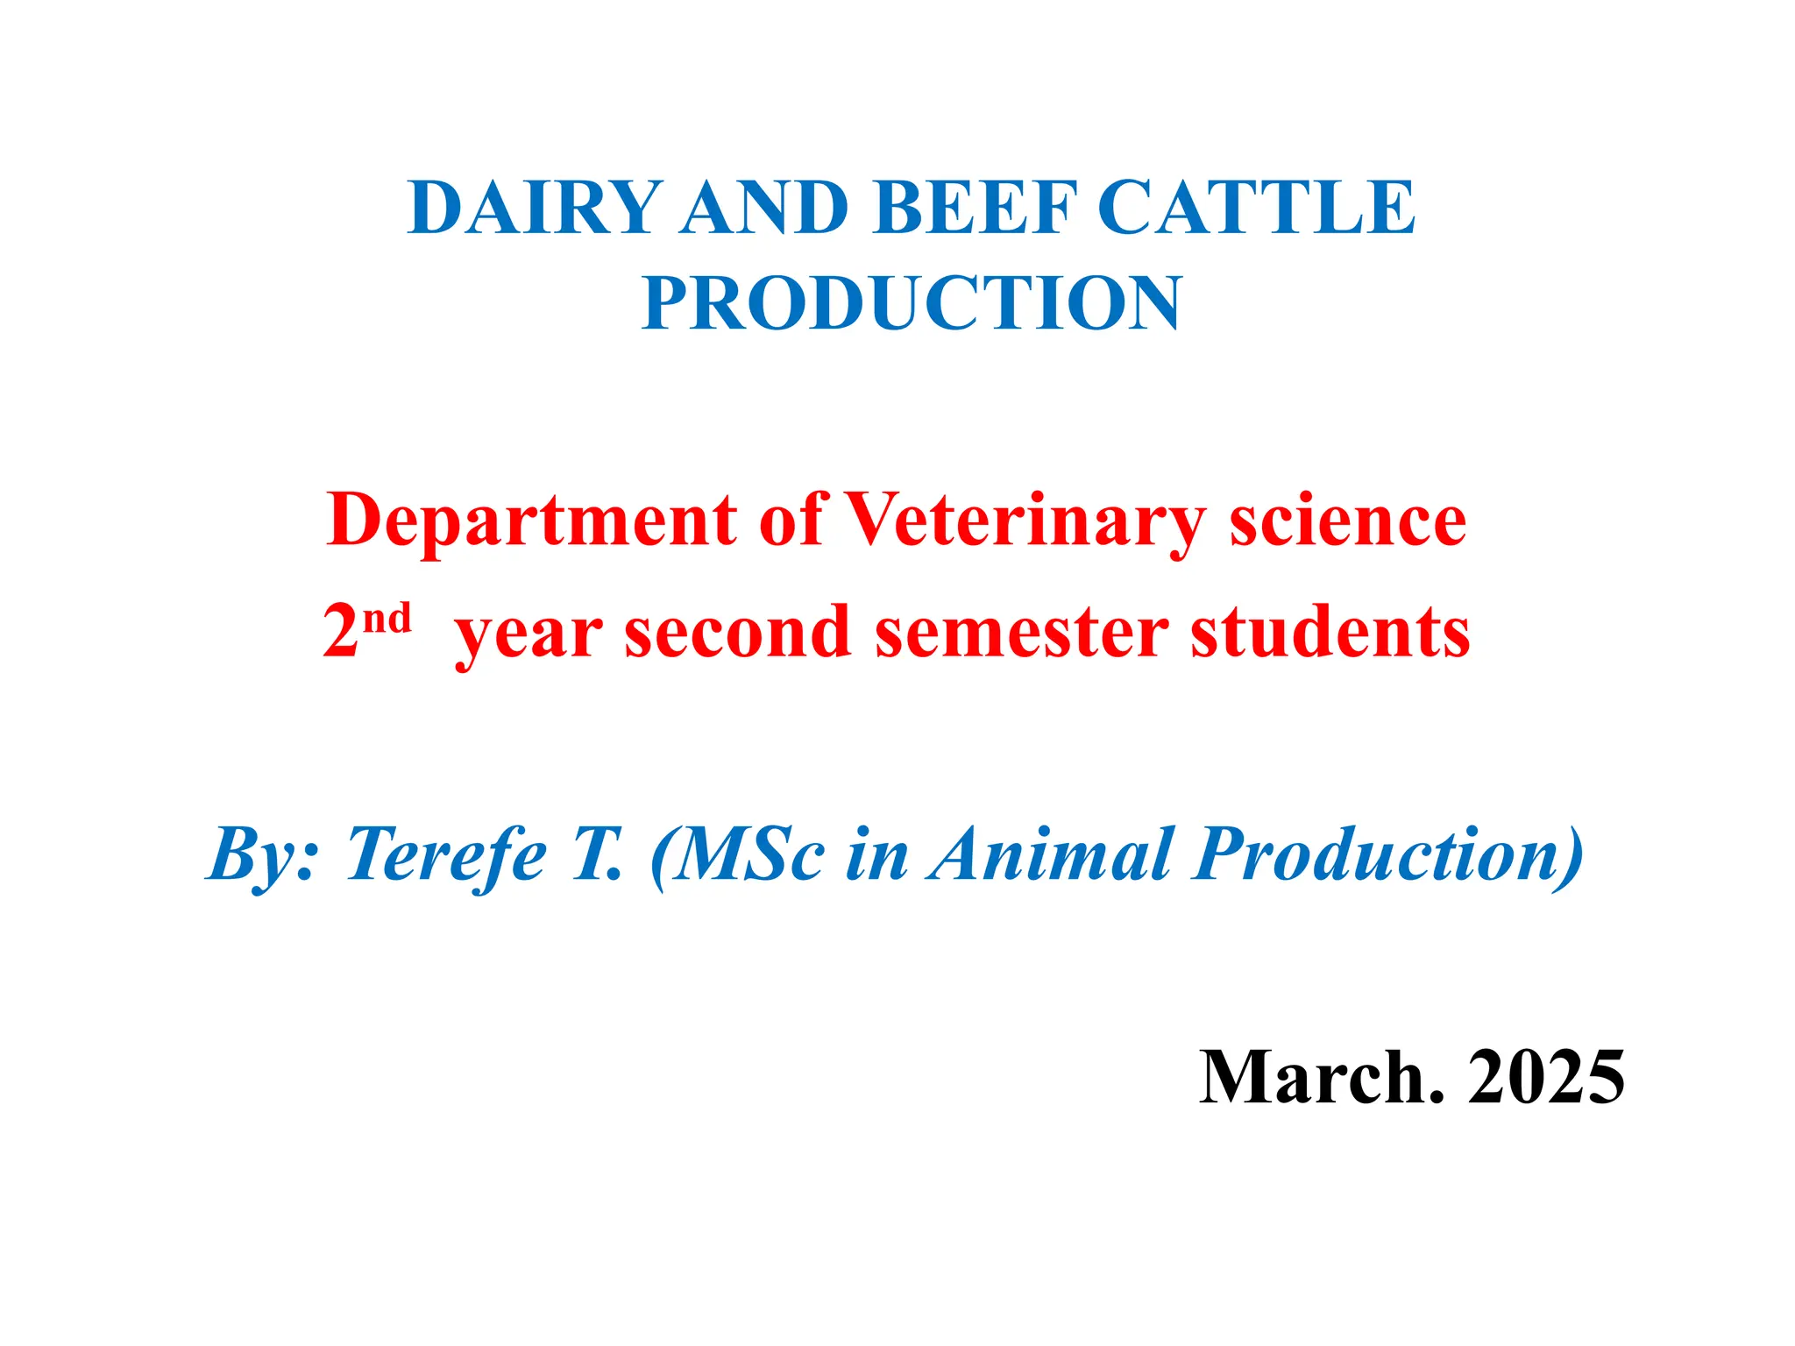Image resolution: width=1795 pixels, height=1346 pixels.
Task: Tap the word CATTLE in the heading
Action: point(1255,208)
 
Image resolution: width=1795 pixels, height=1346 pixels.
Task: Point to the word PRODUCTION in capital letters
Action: point(912,303)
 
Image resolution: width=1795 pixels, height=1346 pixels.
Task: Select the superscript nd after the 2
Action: point(387,619)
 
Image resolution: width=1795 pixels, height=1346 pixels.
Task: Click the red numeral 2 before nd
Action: point(341,633)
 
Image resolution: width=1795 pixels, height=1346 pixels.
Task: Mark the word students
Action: point(1330,633)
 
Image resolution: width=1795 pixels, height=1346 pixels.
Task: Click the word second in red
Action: point(737,633)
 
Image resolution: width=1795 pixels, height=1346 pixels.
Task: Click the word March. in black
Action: point(1321,1077)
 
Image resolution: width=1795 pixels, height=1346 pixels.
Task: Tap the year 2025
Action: point(1546,1077)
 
